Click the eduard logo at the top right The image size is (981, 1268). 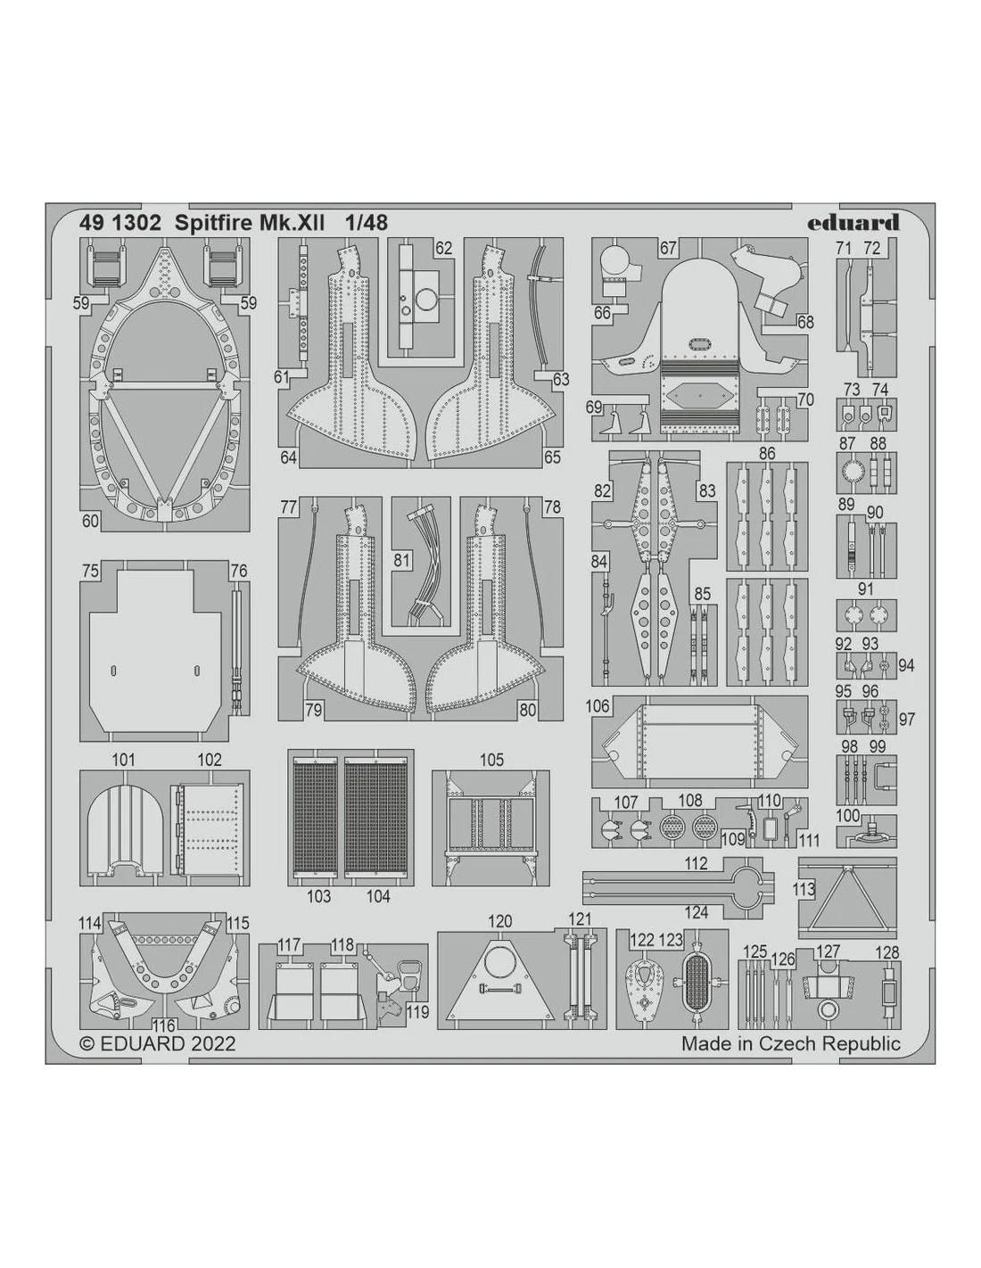[x=853, y=224]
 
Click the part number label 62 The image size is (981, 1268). [x=443, y=248]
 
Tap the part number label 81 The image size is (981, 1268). [x=401, y=561]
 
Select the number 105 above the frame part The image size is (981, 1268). [x=491, y=760]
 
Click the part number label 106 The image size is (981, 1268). [x=597, y=706]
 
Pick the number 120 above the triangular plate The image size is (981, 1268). [x=499, y=921]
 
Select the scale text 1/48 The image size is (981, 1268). [x=366, y=223]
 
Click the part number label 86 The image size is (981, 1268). [x=767, y=453]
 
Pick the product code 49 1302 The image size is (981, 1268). [x=120, y=223]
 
